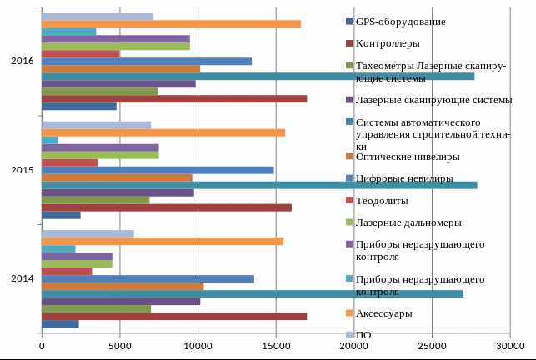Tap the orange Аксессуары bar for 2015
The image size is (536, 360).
[163, 132]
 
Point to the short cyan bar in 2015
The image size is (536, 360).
[49, 140]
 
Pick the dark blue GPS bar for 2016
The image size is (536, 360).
[78, 107]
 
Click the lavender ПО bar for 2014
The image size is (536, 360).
[87, 234]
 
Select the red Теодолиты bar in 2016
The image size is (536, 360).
[80, 54]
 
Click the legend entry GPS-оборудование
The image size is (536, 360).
[400, 21]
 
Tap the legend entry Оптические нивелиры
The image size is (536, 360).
[407, 156]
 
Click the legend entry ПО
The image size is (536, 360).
[363, 335]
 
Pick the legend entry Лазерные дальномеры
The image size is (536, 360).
[408, 222]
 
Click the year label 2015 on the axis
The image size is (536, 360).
[23, 170]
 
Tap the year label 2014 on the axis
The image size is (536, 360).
[23, 278]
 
